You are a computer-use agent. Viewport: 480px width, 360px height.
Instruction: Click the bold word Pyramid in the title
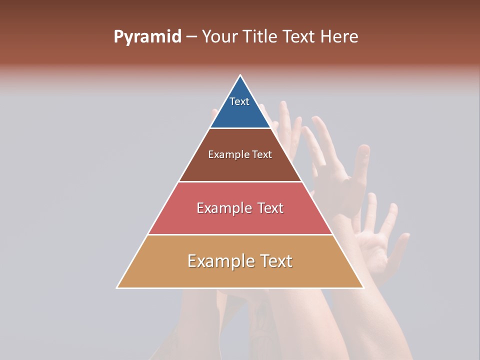[x=147, y=37]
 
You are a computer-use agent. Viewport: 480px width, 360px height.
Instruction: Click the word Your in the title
[x=220, y=37]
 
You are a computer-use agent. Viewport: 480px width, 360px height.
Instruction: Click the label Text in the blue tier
[x=239, y=101]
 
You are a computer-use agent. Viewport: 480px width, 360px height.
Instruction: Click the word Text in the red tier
[x=270, y=208]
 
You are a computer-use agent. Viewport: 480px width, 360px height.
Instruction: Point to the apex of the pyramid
[x=240, y=75]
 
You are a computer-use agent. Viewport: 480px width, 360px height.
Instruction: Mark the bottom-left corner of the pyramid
[x=117, y=287]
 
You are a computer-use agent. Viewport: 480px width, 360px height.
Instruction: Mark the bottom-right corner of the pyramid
[x=363, y=287]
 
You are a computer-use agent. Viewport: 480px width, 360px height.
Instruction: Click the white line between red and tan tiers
[x=240, y=234]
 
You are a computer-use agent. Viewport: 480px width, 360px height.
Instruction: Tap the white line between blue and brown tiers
[x=240, y=128]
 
